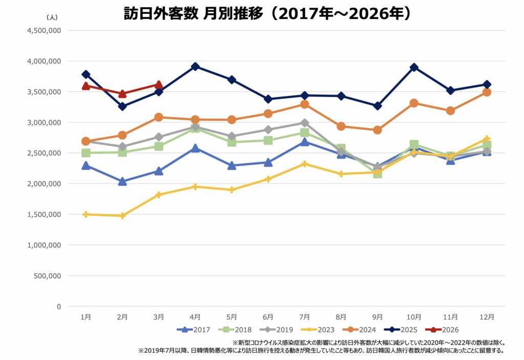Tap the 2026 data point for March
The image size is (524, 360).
(x=159, y=85)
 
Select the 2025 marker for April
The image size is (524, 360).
(x=195, y=66)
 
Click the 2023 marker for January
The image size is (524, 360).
(x=86, y=214)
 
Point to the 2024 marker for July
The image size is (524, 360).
(x=304, y=104)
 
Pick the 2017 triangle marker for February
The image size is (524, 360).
(x=122, y=182)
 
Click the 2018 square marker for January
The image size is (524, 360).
(x=86, y=153)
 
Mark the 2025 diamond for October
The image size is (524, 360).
(x=414, y=67)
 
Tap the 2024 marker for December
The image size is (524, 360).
(x=487, y=92)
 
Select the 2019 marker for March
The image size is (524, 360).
(x=159, y=137)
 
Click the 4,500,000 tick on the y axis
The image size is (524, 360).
(x=43, y=30)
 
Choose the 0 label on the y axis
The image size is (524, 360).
(x=59, y=306)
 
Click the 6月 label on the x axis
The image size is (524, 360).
(x=268, y=317)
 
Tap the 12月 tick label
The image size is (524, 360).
(x=487, y=317)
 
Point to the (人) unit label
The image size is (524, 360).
(x=53, y=17)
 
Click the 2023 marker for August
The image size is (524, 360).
(x=341, y=174)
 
